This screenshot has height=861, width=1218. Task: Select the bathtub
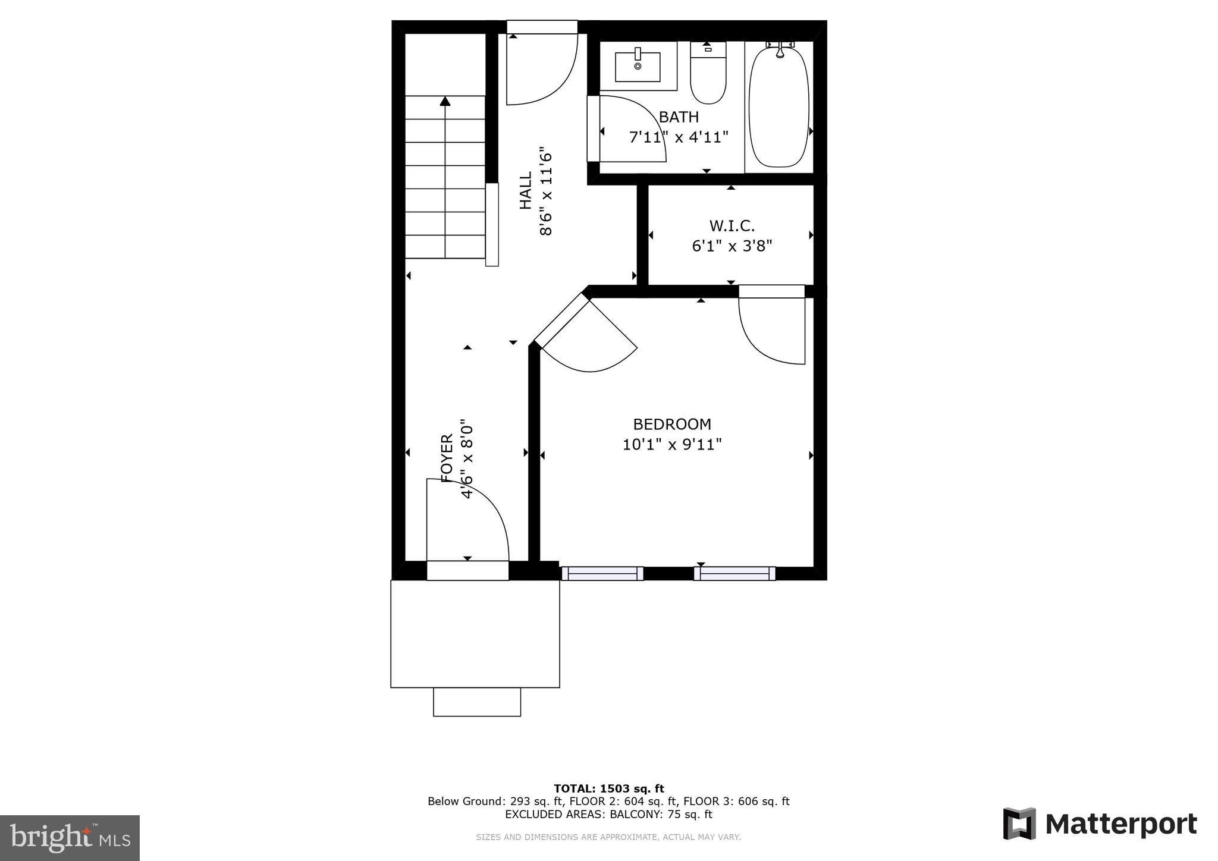pos(778,107)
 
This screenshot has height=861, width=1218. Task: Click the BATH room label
pos(679,117)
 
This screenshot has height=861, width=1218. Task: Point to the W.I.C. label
pos(732,226)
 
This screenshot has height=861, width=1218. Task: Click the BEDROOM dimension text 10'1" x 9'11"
pos(672,444)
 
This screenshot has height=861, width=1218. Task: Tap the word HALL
pos(526,190)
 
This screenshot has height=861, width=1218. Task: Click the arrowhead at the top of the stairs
pos(445,101)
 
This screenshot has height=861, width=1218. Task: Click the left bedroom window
pos(602,573)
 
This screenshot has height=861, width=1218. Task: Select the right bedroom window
pos(734,573)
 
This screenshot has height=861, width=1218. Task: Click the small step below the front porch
pos(476,702)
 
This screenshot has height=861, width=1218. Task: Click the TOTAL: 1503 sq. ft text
pos(608,788)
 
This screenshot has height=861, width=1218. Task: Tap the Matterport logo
pos(1100,824)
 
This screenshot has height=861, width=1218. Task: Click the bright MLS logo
pos(70,838)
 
